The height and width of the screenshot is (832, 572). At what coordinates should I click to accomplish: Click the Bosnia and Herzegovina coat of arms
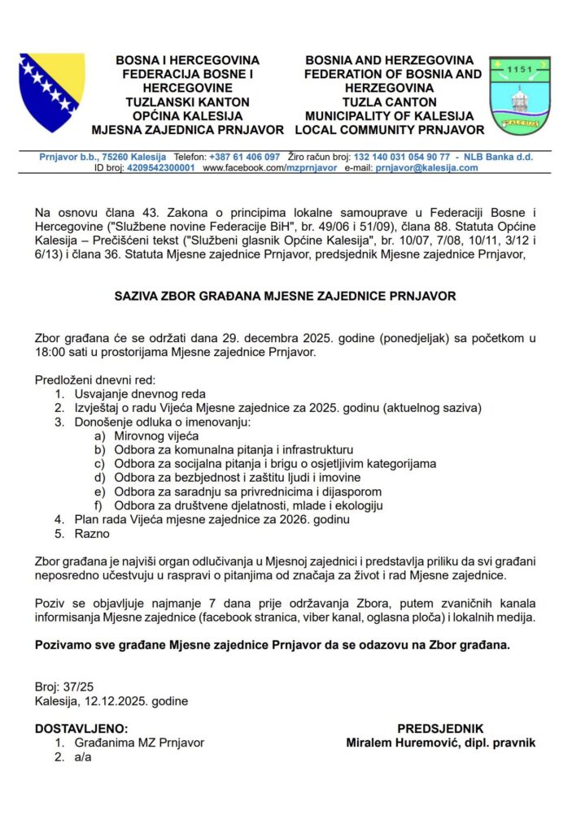click(51, 93)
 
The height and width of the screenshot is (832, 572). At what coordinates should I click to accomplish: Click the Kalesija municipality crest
click(519, 96)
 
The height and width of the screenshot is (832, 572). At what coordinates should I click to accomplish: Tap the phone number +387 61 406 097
click(244, 156)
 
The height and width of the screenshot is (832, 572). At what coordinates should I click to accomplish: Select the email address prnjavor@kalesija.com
click(426, 168)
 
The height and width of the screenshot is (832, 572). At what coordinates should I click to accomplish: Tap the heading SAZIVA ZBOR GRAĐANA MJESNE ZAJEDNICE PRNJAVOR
click(286, 297)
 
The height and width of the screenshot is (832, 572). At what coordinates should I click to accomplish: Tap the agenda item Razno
click(92, 534)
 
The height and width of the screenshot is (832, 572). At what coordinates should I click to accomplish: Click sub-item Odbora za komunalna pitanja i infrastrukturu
click(234, 449)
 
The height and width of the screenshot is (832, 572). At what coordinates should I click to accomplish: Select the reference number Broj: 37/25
click(64, 687)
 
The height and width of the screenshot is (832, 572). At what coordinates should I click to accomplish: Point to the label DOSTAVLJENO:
click(81, 729)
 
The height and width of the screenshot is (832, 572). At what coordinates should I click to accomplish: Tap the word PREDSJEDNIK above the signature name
click(440, 729)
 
